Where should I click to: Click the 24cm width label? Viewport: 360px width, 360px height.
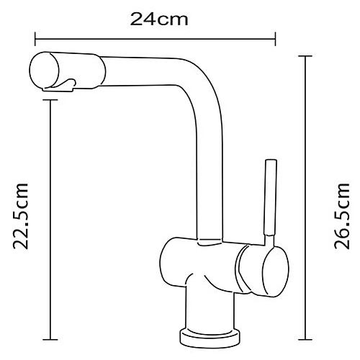click(159, 19)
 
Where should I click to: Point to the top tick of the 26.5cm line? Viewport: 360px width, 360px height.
click(307, 56)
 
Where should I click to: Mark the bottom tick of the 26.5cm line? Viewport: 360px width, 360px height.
click(307, 338)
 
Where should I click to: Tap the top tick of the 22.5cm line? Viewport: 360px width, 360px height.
click(50, 99)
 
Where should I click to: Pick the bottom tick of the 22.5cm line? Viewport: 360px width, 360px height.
click(50, 338)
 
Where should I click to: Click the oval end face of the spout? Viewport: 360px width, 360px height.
click(42, 71)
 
